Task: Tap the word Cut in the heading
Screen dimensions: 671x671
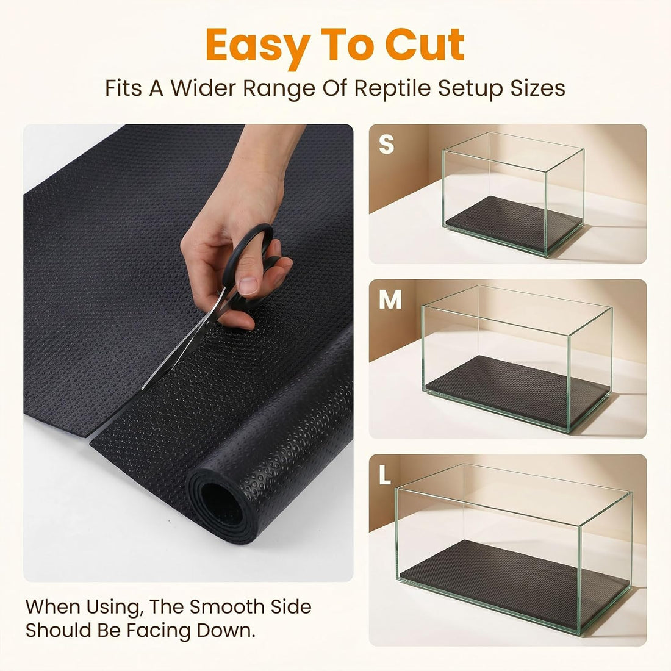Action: (425, 45)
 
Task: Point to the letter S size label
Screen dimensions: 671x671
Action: (386, 144)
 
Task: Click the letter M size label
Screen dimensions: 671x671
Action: (390, 300)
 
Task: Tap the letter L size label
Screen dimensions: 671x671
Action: (385, 475)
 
